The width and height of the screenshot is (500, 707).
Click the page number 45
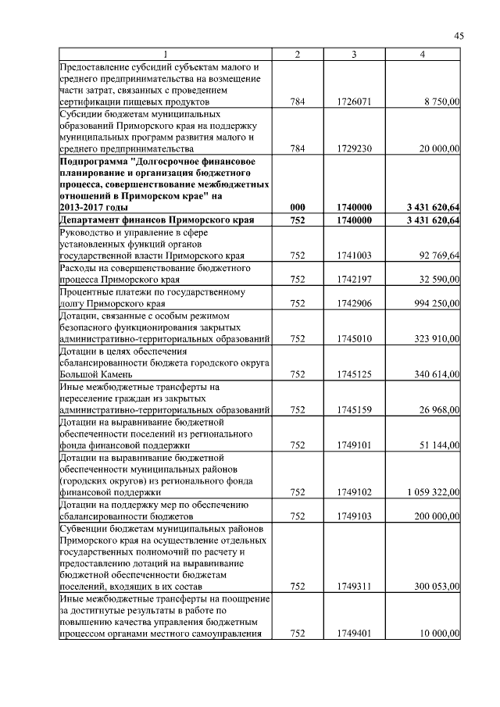click(x=459, y=35)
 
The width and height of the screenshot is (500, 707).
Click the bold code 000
click(x=298, y=207)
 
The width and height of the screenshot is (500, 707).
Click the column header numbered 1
click(x=165, y=54)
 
